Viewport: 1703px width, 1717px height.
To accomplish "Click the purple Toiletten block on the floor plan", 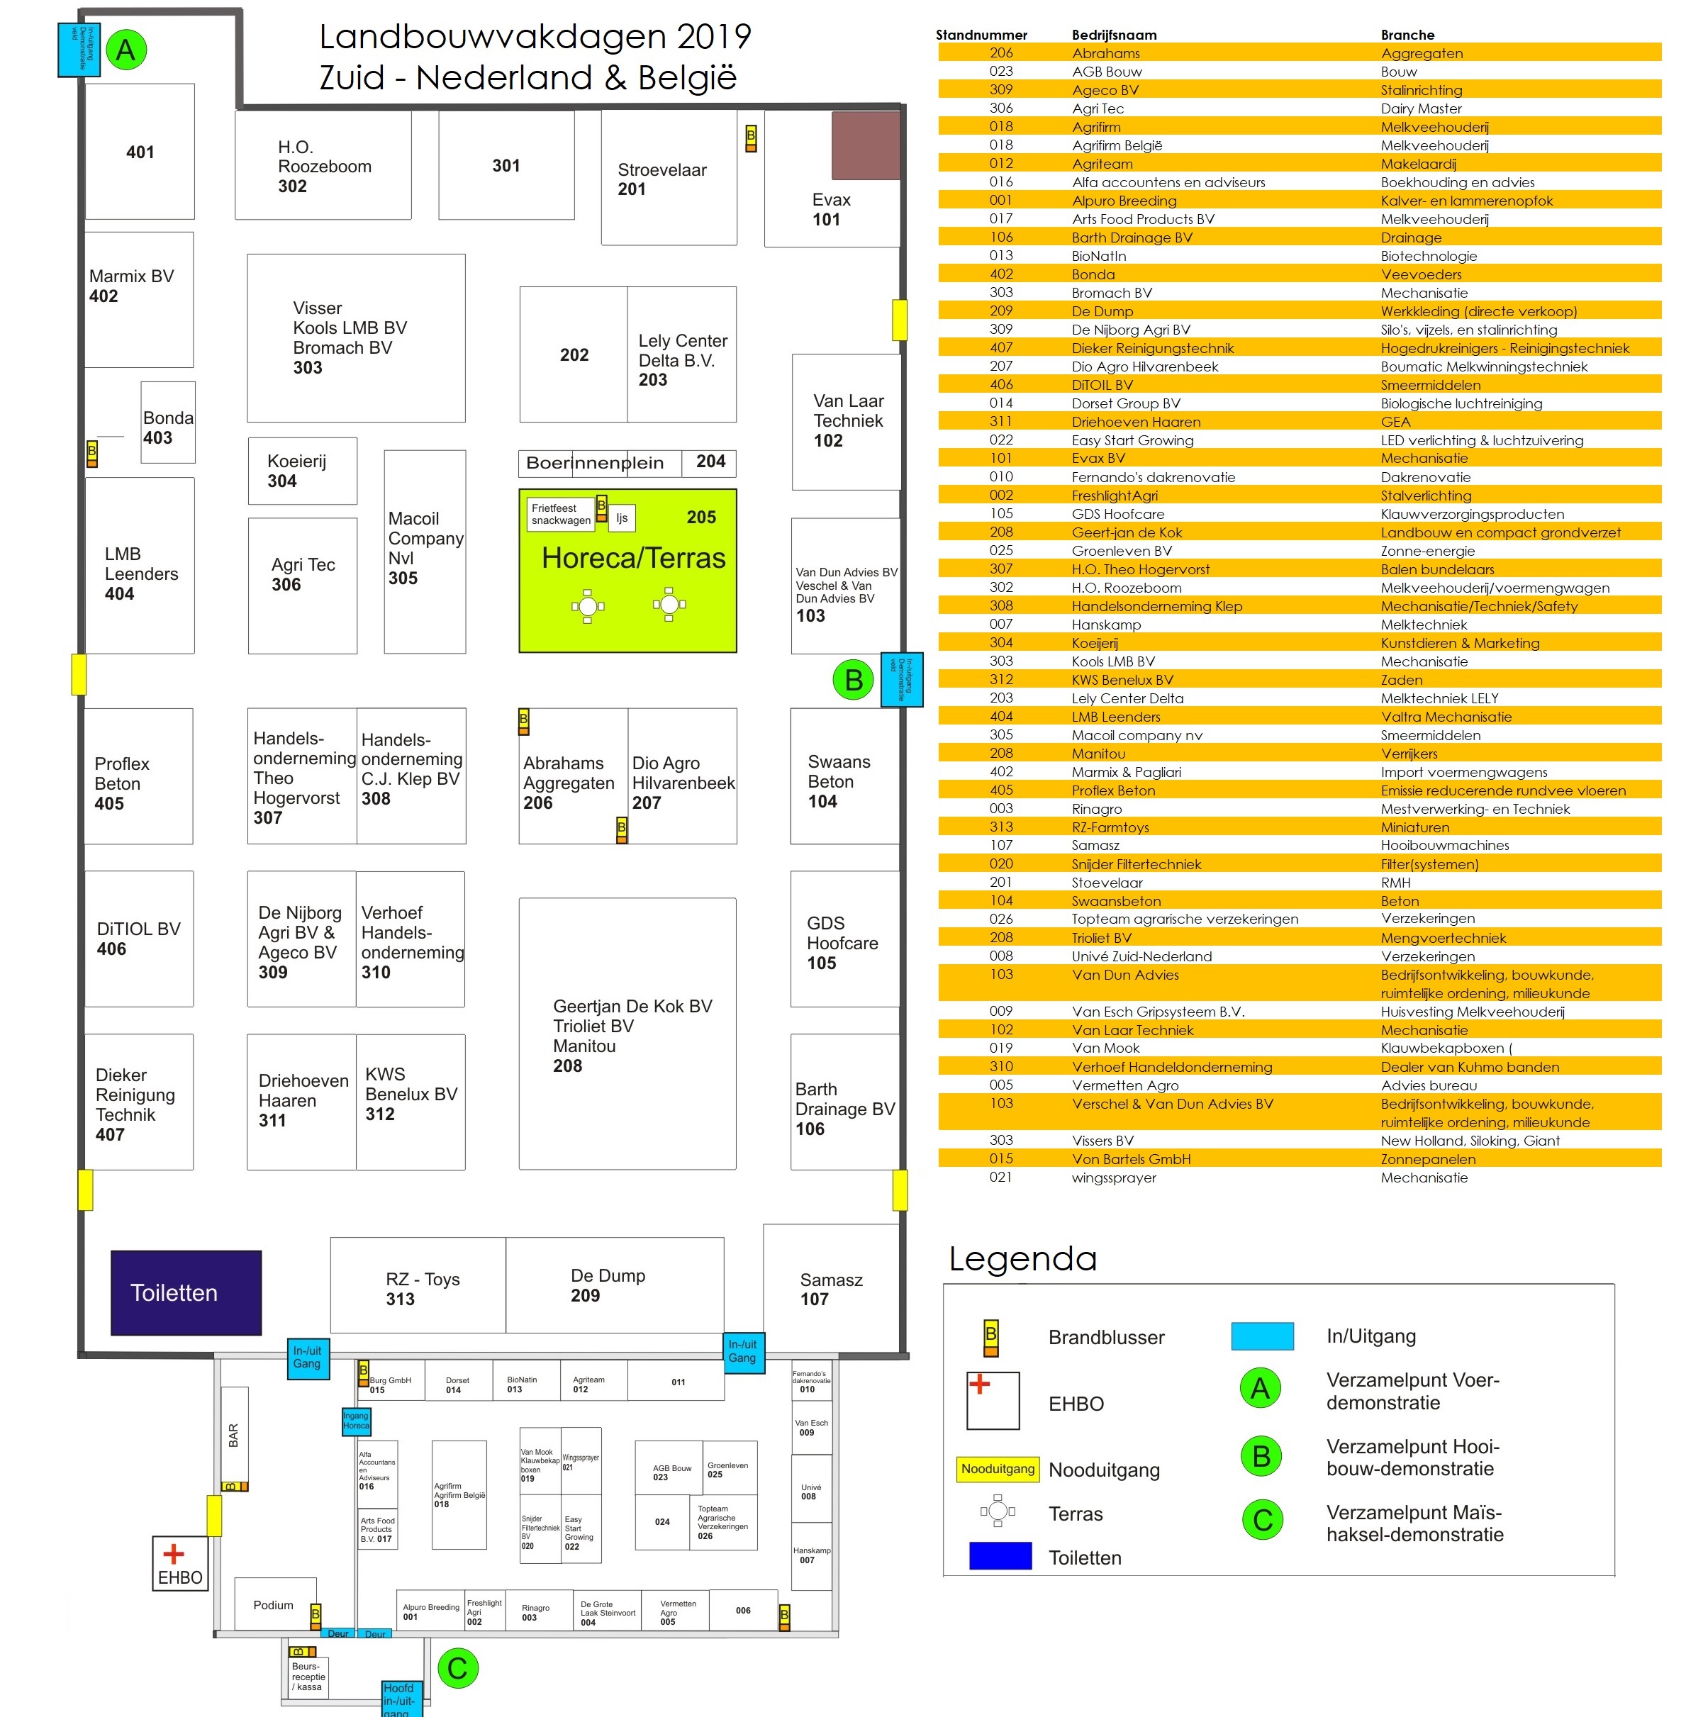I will coord(186,1292).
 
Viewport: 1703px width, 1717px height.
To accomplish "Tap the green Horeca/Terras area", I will coord(627,571).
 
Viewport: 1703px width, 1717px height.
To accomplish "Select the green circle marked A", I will coord(126,50).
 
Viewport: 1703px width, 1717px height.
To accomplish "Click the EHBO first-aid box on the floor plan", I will coord(180,1563).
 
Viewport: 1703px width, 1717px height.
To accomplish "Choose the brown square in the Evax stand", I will coord(865,145).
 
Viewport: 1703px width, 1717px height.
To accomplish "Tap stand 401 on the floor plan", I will coord(140,152).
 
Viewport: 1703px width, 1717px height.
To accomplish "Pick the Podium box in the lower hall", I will coord(274,1604).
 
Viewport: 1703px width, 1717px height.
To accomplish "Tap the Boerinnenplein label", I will coord(595,463).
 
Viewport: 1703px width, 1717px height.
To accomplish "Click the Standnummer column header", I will coord(981,35).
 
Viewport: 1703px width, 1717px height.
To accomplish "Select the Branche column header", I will coord(1407,35).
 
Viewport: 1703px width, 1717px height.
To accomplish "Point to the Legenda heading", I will coord(1022,1258).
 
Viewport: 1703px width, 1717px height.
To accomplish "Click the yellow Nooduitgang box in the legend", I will coord(998,1469).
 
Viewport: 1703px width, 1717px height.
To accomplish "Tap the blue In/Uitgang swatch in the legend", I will coord(1261,1336).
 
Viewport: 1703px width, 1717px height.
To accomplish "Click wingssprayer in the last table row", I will coord(1114,1178).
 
